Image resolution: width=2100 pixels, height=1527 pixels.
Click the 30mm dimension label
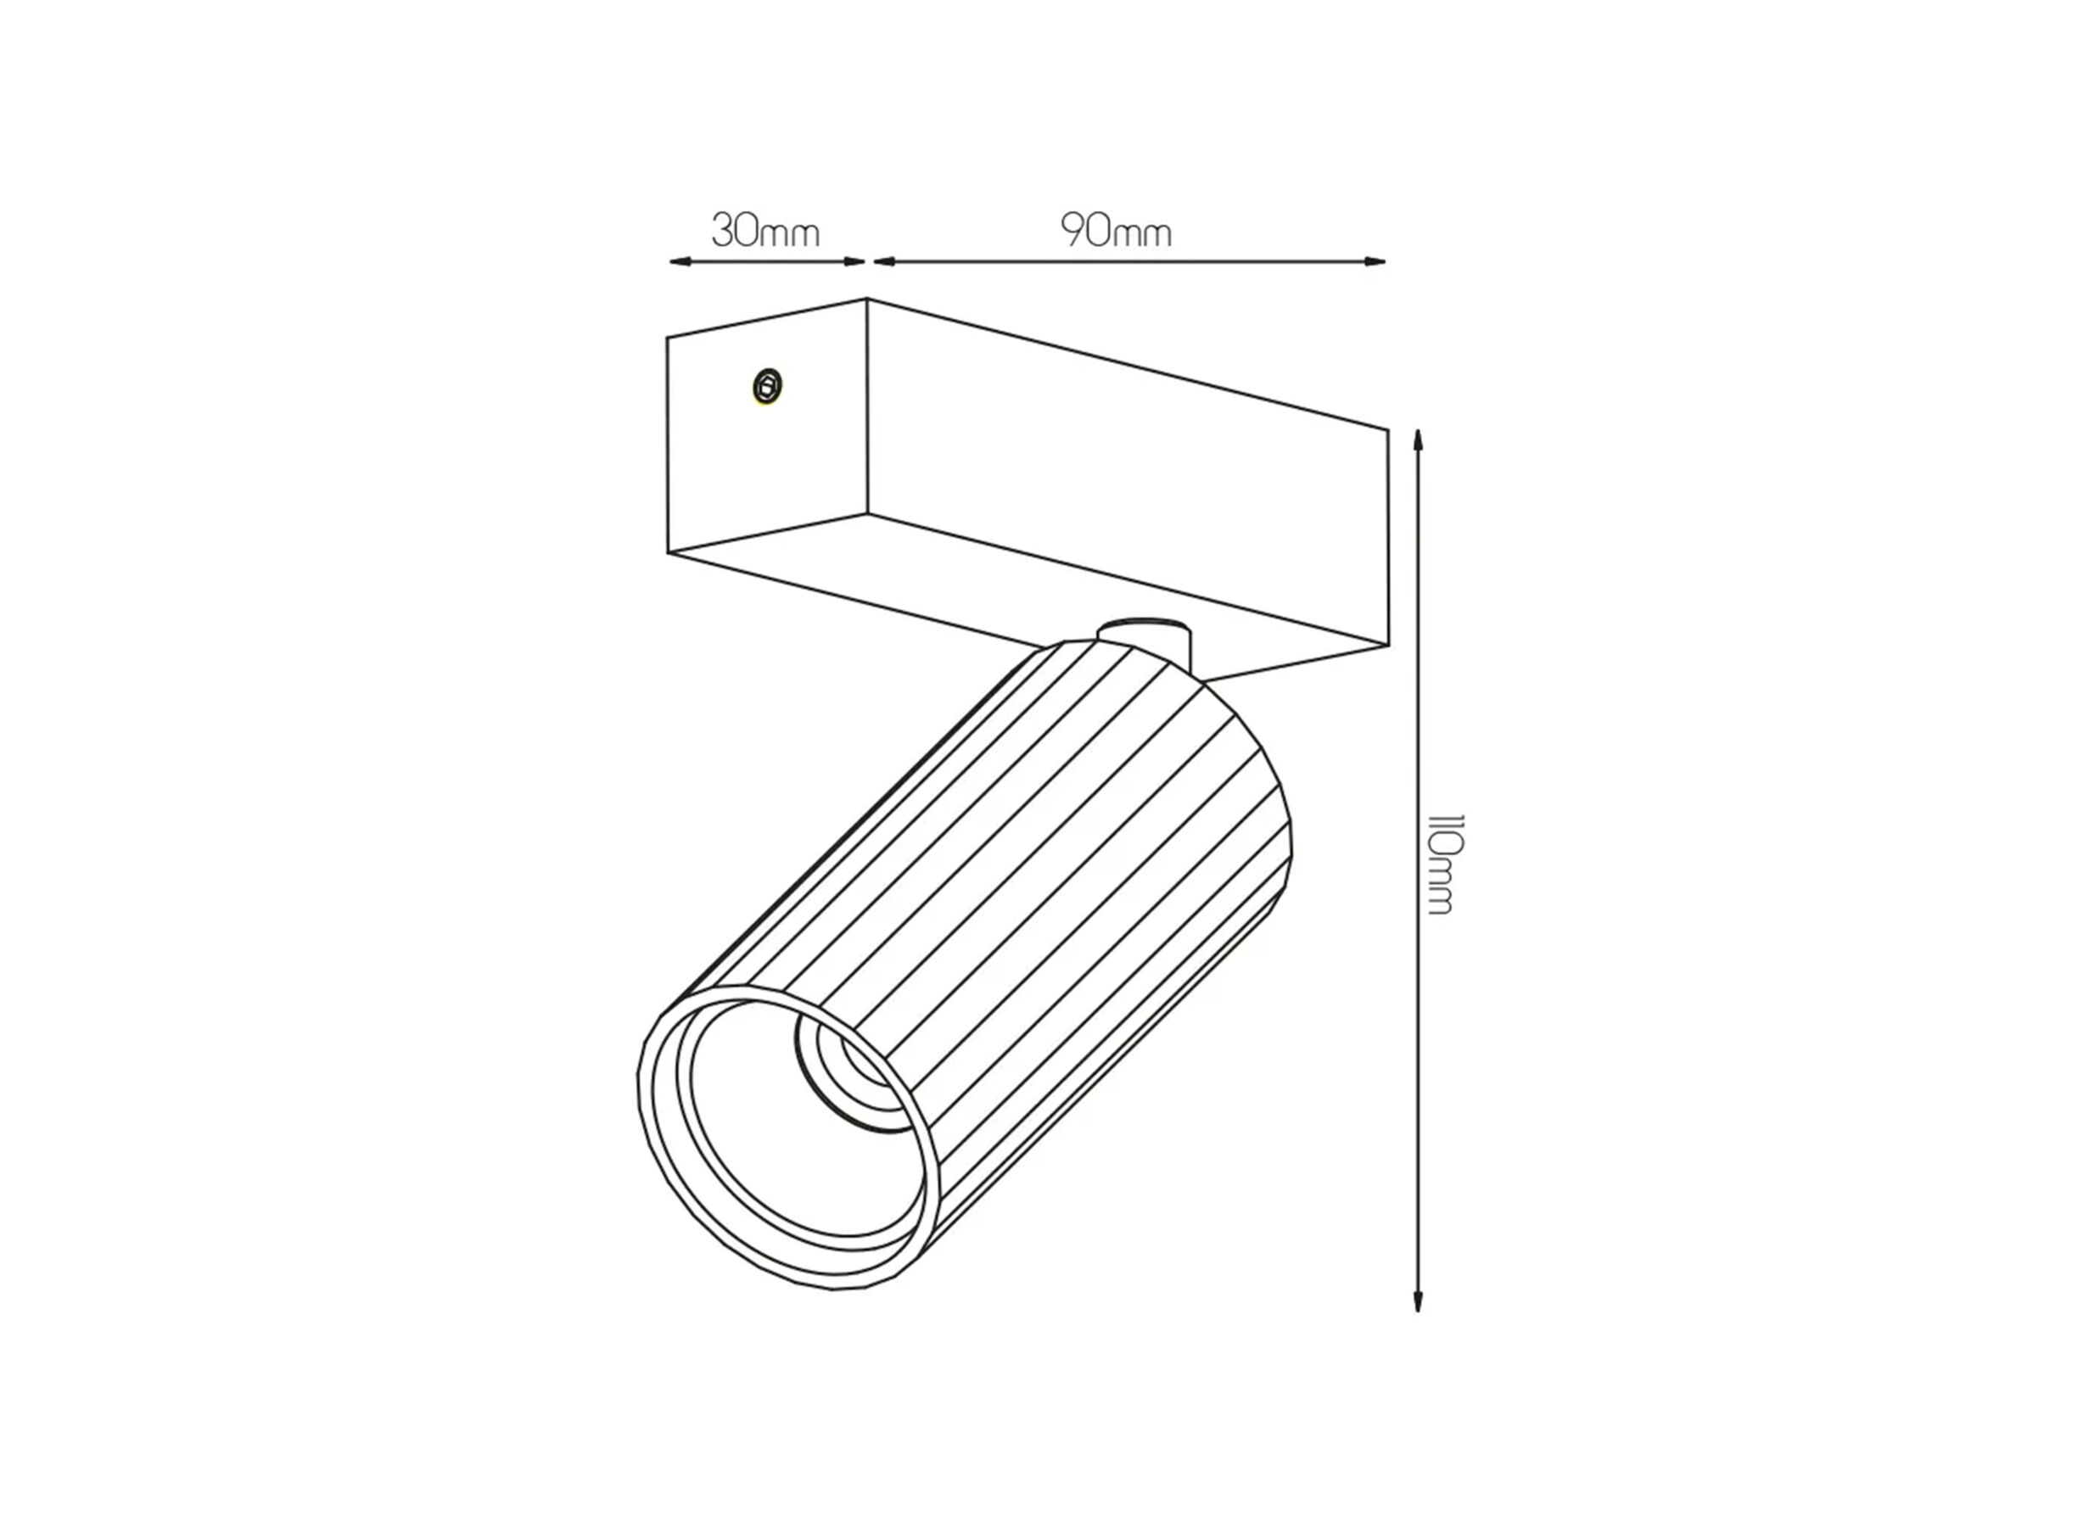click(764, 231)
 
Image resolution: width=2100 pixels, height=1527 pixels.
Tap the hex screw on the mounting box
click(768, 385)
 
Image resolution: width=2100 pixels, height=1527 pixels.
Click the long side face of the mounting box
click(1125, 473)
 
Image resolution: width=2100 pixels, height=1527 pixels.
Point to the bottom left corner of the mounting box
click(668, 553)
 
